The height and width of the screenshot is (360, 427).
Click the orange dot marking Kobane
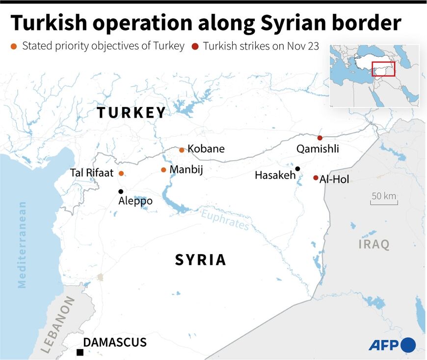182,150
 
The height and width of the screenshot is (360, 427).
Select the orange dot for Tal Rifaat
121,173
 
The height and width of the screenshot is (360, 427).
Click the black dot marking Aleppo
121,191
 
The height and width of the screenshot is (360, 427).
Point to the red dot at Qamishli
320,138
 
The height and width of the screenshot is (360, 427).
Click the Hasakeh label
275,175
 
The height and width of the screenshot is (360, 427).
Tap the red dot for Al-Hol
316,178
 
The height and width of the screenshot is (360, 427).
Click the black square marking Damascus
80,352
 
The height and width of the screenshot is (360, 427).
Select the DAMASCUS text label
115,342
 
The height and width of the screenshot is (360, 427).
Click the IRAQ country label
374,244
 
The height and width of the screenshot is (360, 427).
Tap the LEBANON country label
58,325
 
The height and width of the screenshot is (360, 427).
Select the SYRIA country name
200,260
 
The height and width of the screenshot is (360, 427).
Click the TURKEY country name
131,112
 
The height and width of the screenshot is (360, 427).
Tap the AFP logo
392,345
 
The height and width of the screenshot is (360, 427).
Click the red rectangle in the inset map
383,69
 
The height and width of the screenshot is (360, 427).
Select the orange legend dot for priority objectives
13,47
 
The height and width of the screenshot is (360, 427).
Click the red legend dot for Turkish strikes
194,47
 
